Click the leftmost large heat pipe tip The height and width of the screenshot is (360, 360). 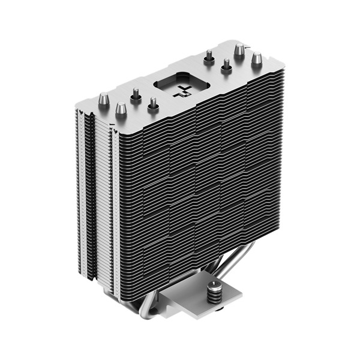click(x=103, y=97)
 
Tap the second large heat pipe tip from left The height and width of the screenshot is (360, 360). click(x=121, y=109)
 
